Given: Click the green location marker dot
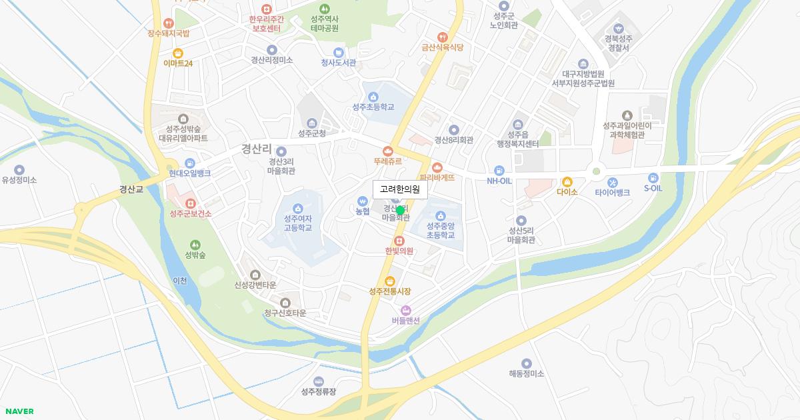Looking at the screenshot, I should click(400, 211).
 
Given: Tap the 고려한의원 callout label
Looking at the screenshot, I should click(400, 189).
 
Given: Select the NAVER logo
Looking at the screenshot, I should click(19, 411).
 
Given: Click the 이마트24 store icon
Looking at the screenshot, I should click(178, 53).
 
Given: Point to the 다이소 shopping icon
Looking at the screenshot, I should click(567, 181).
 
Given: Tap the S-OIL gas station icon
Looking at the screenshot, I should click(653, 178).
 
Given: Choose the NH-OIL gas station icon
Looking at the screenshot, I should click(499, 171).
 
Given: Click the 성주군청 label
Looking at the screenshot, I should click(312, 133).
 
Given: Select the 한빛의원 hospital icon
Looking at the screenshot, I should click(399, 241).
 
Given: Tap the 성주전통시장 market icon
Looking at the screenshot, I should click(390, 281).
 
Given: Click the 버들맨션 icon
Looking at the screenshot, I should click(405, 310).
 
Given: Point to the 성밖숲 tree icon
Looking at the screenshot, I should click(195, 245).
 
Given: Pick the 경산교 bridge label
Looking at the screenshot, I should click(131, 189).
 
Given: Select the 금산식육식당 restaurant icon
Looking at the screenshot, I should click(442, 37).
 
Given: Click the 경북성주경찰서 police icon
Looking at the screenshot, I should click(618, 29).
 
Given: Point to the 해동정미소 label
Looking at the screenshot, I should click(527, 373).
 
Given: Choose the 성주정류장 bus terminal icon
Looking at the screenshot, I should click(319, 381).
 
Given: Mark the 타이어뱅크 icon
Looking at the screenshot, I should click(612, 183).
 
